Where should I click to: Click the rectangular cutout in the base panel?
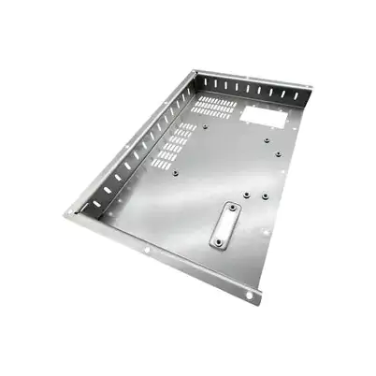(265, 117)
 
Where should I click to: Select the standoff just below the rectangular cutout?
(268, 141)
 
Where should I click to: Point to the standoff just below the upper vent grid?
(204, 124)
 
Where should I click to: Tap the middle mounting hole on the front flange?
(149, 252)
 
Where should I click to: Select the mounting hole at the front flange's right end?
(250, 296)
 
